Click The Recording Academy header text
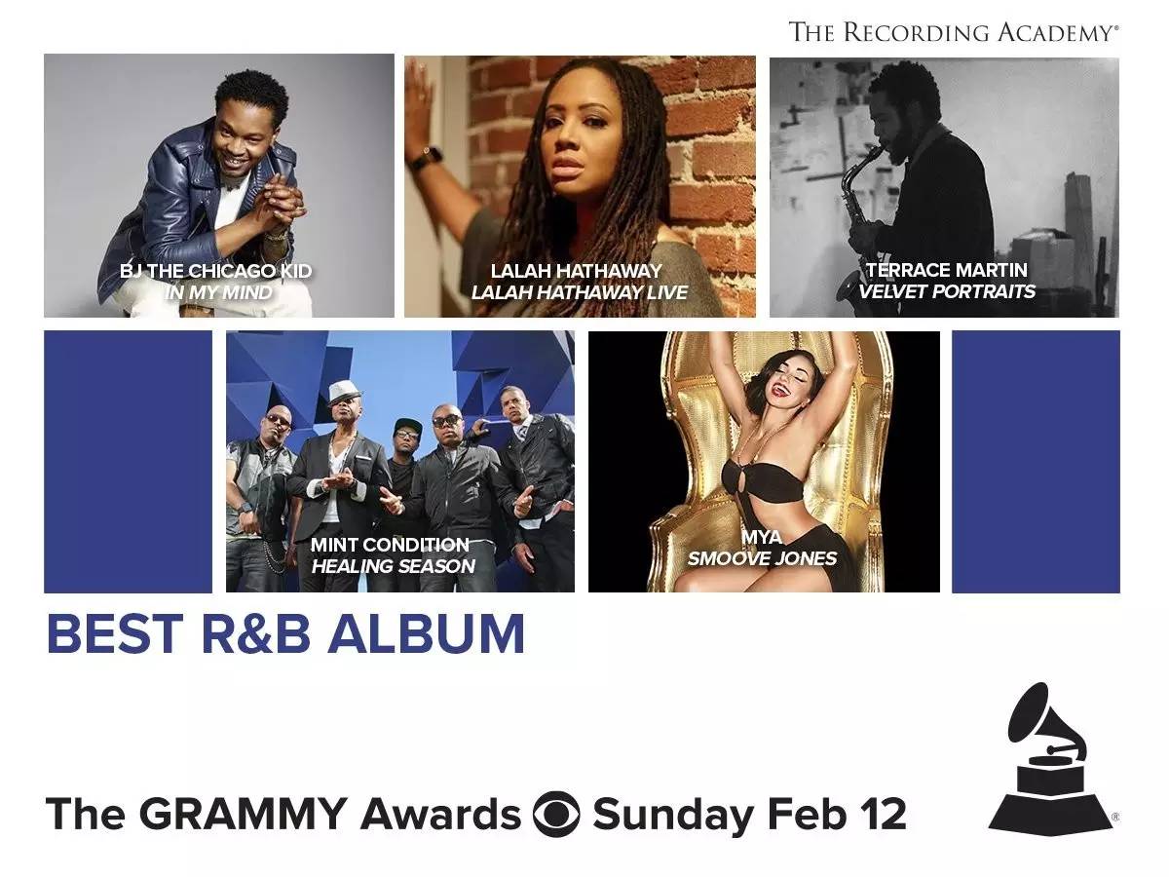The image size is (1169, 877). [x=953, y=32]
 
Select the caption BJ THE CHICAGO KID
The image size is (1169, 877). [x=215, y=271]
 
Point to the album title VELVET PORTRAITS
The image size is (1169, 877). [x=947, y=291]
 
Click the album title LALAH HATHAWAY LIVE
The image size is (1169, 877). [x=580, y=292]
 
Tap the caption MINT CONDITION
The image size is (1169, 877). [x=390, y=545]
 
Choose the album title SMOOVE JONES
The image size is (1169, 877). [x=762, y=558]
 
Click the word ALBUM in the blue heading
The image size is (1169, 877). [x=426, y=633]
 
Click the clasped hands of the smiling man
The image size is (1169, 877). [x=281, y=198]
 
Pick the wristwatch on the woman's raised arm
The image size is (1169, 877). [x=426, y=158]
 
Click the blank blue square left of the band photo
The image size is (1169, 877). [x=128, y=462]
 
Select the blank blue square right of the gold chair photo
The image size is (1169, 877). [x=1036, y=462]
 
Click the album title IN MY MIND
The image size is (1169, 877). [x=218, y=293]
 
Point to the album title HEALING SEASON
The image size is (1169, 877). [x=393, y=566]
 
